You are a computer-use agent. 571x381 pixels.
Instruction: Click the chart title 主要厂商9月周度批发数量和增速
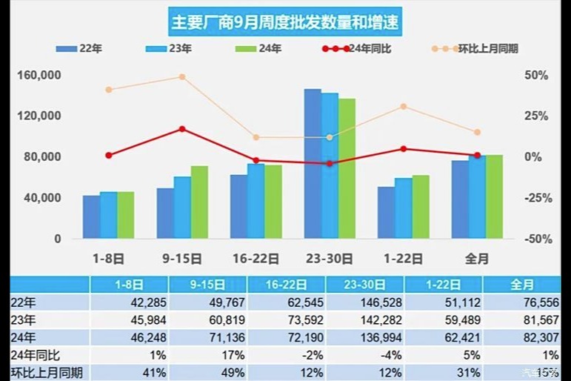(285, 22)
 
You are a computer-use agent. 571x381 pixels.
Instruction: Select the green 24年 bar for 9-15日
(199, 202)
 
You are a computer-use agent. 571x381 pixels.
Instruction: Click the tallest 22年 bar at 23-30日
(313, 164)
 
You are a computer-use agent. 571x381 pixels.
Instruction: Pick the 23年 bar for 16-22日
(256, 201)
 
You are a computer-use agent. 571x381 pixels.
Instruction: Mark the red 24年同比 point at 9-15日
(182, 129)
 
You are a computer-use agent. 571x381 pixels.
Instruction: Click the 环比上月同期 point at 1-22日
(404, 107)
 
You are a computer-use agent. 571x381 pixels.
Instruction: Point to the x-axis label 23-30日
(330, 259)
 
